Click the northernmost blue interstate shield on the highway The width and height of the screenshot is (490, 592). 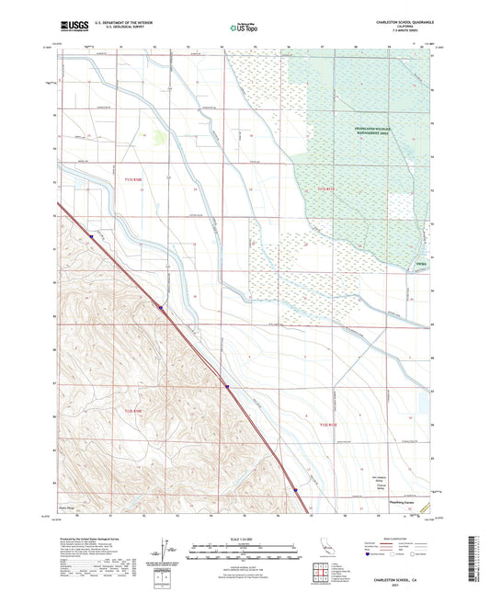[92, 236]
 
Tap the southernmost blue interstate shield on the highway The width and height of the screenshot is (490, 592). [296, 490]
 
